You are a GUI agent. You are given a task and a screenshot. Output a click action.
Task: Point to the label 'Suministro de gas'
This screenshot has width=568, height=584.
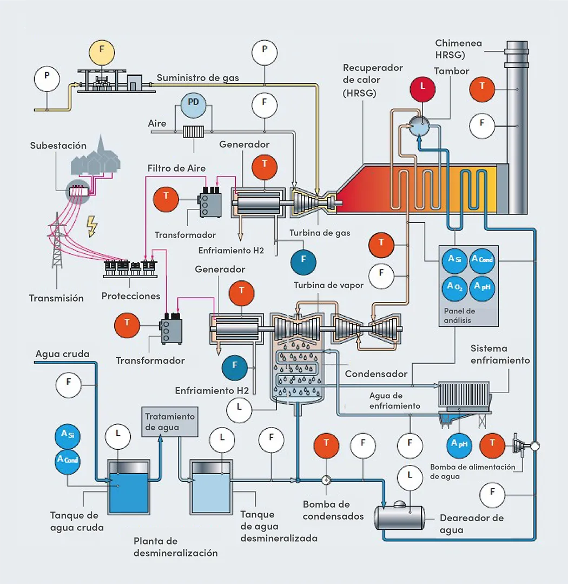coord(197,78)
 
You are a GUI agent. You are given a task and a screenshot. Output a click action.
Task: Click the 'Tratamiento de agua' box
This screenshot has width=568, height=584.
coord(169,422)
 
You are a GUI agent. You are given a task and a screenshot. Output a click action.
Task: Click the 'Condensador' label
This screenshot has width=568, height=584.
coord(376,374)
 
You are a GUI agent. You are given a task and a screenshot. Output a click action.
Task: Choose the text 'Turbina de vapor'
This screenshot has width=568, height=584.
coord(328,285)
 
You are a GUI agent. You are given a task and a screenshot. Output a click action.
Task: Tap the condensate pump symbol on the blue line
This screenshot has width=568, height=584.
coord(327,480)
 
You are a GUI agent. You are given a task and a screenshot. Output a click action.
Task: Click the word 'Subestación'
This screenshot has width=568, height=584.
coord(58,146)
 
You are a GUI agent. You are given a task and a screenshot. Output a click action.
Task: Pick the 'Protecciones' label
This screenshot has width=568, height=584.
coord(131,296)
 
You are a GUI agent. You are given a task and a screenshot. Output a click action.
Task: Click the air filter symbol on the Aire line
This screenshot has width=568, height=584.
coord(192,133)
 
